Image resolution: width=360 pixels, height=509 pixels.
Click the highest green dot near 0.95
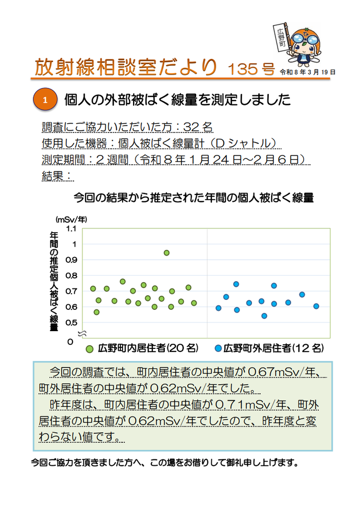coord(166,252)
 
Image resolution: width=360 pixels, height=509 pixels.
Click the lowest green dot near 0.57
coord(97,312)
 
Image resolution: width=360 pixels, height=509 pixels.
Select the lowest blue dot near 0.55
coord(264,316)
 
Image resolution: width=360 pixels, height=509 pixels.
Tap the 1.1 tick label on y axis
coord(71,228)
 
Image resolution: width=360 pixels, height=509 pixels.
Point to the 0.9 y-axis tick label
coord(71,260)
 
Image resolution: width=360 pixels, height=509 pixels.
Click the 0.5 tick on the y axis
coord(71,322)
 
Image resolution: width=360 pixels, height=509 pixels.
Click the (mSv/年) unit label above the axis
coord(71,220)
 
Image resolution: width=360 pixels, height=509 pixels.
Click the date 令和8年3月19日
coord(307,71)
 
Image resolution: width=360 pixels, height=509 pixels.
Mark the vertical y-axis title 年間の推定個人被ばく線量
coord(53,281)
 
